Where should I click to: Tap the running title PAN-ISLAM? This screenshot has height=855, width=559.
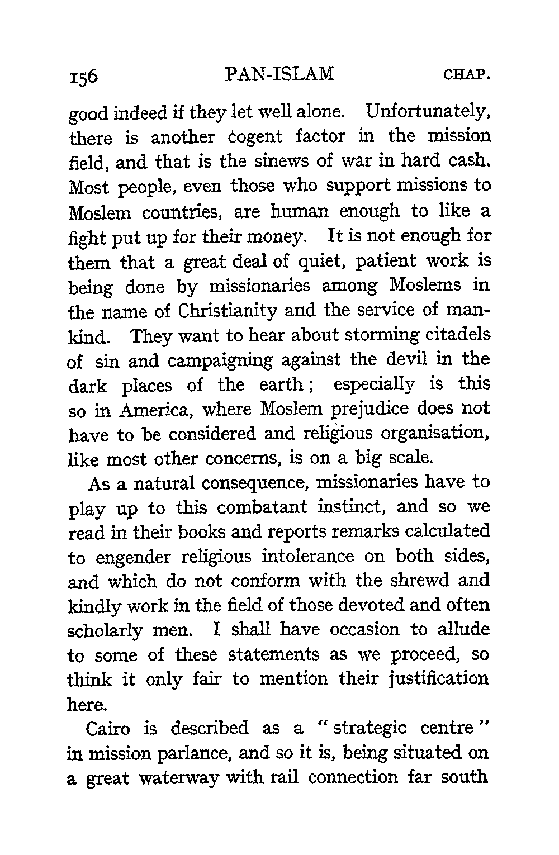coord(278,74)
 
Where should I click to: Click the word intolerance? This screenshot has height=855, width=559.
coord(305,557)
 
